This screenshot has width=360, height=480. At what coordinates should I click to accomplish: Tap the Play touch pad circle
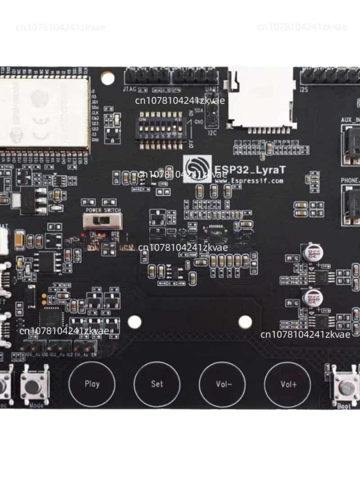pos(92,384)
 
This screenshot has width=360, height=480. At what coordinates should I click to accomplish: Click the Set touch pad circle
pos(157,384)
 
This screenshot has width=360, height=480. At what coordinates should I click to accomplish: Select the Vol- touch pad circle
pos(222,384)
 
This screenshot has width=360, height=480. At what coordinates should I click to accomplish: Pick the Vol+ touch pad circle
pos(288,384)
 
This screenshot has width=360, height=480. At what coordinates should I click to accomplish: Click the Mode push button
pos(35,386)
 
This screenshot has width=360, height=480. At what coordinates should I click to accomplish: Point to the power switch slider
pos(103,221)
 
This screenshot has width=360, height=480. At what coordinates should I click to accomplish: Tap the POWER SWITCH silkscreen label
pos(103,210)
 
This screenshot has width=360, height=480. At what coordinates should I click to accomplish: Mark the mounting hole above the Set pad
pos(134,321)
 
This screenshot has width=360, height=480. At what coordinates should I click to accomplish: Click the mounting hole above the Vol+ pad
pos(245,321)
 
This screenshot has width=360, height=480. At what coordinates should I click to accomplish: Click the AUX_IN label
pos(351,120)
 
